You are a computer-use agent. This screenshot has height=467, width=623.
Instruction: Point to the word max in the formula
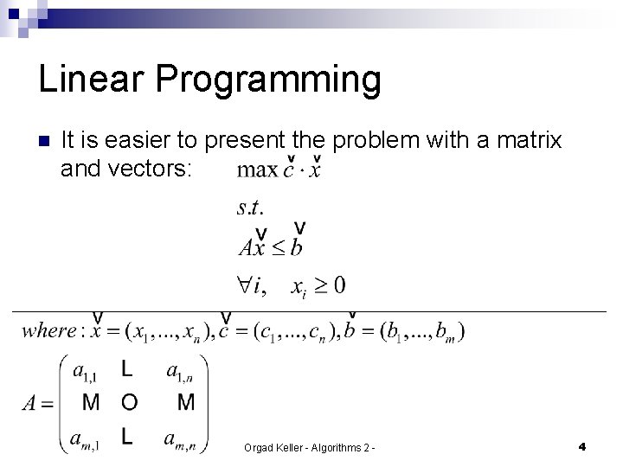pos(257,170)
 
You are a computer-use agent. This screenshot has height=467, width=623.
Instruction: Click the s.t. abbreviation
pos(250,208)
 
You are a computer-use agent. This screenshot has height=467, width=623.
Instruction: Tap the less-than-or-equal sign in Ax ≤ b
pos(279,248)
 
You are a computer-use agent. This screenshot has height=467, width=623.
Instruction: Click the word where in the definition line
pos(48,330)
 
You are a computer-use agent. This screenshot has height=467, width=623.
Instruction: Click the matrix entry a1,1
pos(90,372)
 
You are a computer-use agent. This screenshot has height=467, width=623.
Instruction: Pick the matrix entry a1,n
pos(183,372)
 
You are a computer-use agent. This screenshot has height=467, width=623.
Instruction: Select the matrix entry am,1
pos(90,440)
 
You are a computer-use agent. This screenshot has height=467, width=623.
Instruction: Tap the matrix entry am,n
pos(183,440)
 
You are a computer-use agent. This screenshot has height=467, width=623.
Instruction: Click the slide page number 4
pos(582,447)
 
